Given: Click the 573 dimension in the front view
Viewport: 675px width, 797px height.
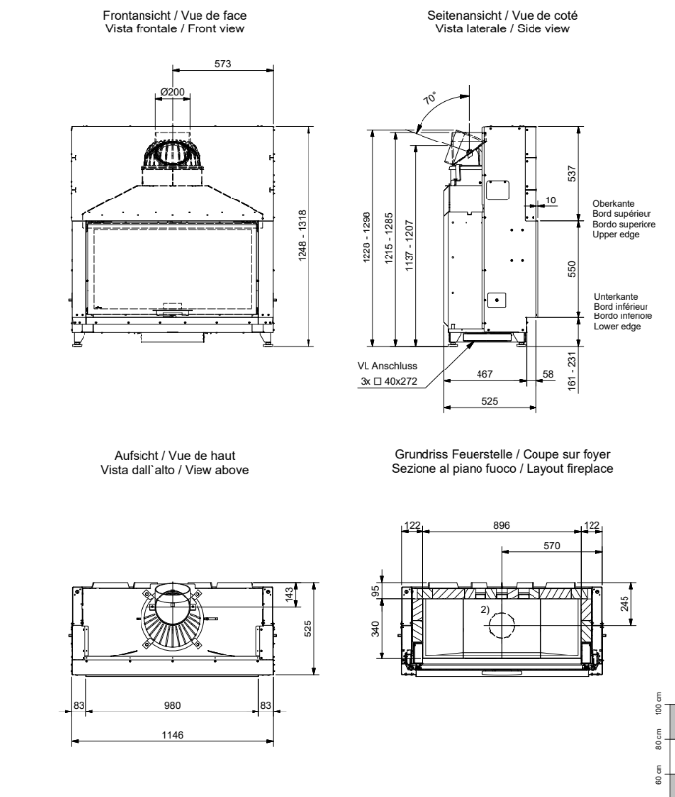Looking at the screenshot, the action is [223, 64].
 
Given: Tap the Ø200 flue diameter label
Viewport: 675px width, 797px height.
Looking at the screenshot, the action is [172, 92].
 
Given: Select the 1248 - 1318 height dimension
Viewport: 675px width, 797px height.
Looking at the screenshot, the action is [302, 236].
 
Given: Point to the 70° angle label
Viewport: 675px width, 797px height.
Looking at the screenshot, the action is [430, 97].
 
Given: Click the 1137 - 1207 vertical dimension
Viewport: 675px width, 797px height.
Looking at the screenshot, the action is [409, 246].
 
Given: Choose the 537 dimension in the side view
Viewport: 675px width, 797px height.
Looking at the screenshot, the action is [572, 173].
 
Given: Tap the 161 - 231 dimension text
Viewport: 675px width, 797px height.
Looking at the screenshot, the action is [572, 371].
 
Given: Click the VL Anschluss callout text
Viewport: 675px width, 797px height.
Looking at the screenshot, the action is [387, 366].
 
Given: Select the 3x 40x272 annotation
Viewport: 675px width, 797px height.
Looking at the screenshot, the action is [388, 381].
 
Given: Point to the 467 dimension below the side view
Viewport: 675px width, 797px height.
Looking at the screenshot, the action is [484, 374].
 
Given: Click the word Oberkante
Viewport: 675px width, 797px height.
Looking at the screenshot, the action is [613, 204].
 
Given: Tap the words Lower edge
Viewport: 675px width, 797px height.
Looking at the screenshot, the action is [617, 326].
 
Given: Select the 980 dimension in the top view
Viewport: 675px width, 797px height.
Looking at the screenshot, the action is [172, 705].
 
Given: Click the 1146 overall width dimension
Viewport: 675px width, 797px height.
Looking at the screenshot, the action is [172, 735].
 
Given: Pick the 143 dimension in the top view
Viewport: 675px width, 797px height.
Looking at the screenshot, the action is [289, 595].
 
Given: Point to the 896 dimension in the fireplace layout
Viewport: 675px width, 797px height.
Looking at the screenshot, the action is [501, 525].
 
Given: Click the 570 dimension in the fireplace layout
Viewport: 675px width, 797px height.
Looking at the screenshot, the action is [552, 545].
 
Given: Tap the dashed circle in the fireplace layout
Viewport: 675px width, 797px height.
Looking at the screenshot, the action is [502, 625].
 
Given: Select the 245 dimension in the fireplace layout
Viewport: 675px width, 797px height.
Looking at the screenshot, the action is [625, 603].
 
